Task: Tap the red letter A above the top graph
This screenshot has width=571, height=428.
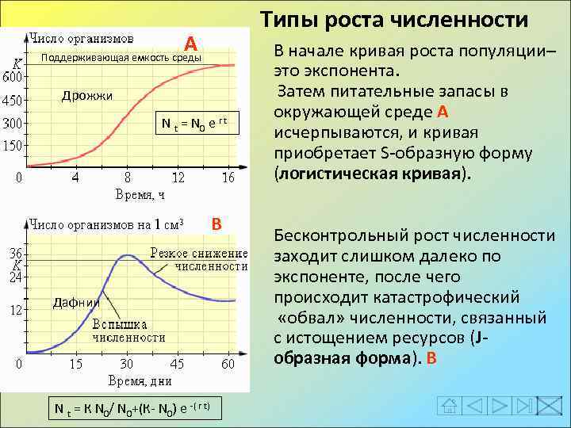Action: coord(190,43)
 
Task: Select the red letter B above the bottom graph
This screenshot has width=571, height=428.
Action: coord(216,224)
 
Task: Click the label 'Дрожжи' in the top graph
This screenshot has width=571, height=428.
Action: coord(87,96)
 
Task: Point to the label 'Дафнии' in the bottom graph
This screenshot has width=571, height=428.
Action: coord(76,302)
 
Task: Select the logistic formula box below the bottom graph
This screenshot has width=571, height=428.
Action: coord(131,408)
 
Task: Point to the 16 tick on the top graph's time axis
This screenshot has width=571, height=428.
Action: coord(228,178)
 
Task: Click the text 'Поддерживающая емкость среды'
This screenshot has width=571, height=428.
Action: coord(121,58)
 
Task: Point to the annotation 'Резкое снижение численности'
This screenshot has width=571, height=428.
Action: coord(199,260)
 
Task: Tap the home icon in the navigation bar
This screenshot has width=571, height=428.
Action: coord(450,406)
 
